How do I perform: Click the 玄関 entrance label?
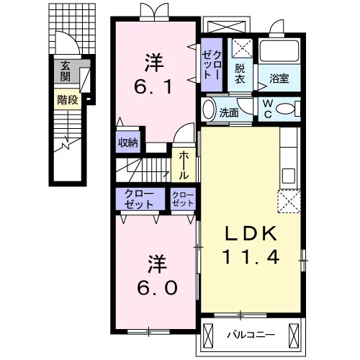coord(66,71)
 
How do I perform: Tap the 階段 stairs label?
coord(68,100)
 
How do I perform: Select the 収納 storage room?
coord(128,142)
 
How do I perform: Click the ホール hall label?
coord(184,166)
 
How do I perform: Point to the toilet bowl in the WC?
coord(285,109)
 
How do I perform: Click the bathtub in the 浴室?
coord(279,50)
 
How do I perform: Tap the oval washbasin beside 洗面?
coord(208,109)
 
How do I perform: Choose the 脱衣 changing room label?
coord(240,73)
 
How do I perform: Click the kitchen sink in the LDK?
coord(288,176)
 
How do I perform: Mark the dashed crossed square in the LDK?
coord(289,201)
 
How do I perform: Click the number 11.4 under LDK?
coord(251,257)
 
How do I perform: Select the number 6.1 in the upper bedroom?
coord(153,87)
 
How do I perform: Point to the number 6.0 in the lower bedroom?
coord(157,288)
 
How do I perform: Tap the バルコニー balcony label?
coord(251,335)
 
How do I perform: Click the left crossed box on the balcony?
coord(208,336)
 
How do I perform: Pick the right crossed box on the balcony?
coord(294,336)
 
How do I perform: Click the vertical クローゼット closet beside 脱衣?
coord(212,65)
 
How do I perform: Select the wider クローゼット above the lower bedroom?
coord(140,199)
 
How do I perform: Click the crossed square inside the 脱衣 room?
coord(243,48)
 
